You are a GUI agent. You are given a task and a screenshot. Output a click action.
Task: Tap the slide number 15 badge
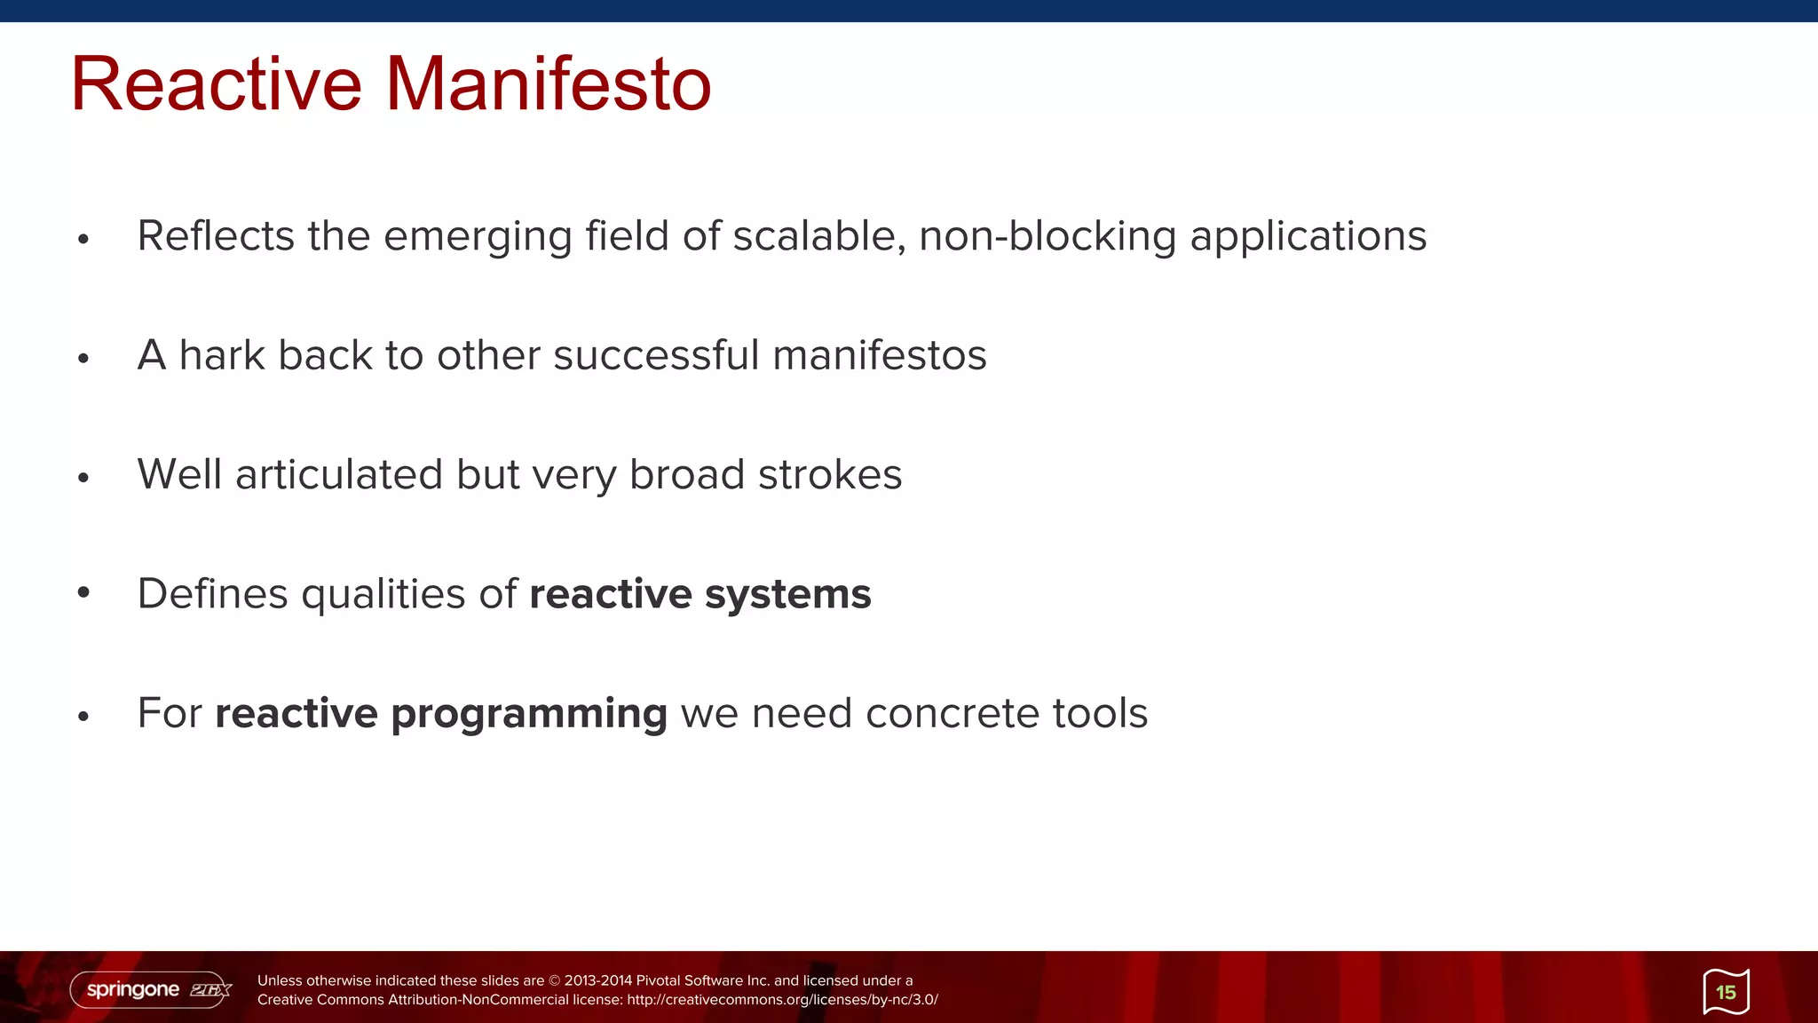coord(1726,992)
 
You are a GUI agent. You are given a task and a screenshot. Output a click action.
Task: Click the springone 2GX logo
coord(152,989)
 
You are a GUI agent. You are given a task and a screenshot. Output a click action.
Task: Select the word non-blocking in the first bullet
coord(1047,236)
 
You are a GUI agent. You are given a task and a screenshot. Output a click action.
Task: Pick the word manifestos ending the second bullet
coord(879,355)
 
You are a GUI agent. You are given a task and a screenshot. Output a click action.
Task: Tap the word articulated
coord(339,474)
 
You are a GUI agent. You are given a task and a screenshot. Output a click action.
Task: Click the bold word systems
coord(787,594)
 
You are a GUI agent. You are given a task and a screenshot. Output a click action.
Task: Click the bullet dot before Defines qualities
coord(83,592)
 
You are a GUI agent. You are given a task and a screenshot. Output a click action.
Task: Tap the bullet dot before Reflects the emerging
coord(83,239)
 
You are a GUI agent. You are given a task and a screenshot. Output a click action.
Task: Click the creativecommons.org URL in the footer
coord(782,1000)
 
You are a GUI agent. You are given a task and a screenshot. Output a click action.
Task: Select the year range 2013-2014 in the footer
coord(598,980)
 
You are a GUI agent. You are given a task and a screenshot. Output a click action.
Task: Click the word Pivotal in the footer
coord(658,980)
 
